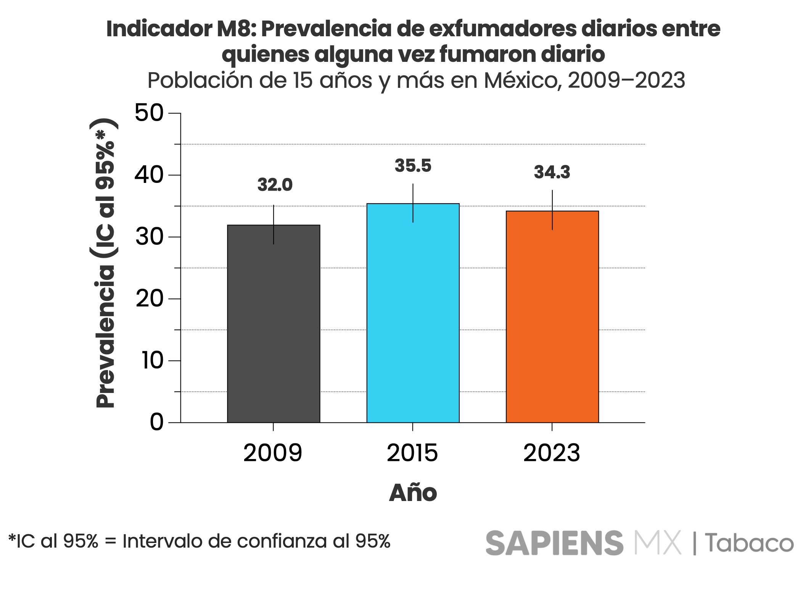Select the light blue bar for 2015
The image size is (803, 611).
pos(413,313)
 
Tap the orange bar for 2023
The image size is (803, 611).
pos(552,317)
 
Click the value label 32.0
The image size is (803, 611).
pos(275,185)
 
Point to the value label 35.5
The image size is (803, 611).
pos(413,166)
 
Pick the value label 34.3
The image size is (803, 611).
pos(552,172)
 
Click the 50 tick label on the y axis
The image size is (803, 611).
pos(149,113)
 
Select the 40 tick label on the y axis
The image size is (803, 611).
pos(149,175)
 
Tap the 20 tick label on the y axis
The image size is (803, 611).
pos(149,299)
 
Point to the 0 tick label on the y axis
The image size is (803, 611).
pos(156,422)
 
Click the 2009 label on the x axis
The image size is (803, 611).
pos(273,453)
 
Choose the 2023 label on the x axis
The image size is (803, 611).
pos(552,453)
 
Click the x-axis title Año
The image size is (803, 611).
pos(413,493)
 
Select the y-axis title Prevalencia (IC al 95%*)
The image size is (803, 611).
pos(105,263)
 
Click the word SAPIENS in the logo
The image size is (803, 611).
pos(554,543)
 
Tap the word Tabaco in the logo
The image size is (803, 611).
pos(749,543)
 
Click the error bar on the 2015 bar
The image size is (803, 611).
pos(413,203)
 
